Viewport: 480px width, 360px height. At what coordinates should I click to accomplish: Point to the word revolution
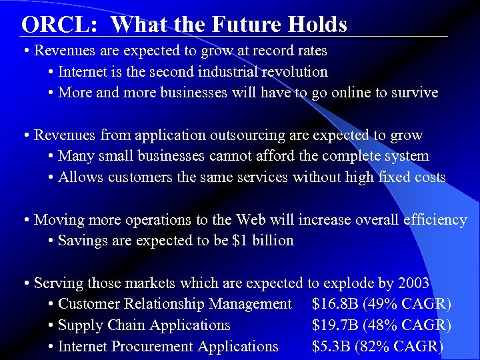point(293,71)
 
